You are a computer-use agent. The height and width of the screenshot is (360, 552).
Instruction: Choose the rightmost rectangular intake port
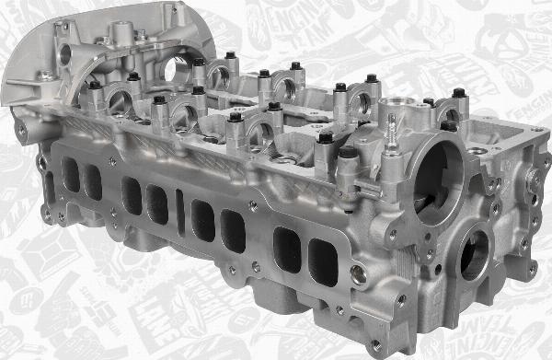tap(322, 261)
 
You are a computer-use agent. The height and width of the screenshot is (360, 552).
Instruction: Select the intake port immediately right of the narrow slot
tap(203, 220)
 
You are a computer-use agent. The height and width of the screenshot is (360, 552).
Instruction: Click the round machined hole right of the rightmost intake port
tap(358, 273)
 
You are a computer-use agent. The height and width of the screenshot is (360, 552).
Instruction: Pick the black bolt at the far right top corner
tap(458, 92)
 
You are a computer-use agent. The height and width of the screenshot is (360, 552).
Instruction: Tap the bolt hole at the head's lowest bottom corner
tap(375, 345)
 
